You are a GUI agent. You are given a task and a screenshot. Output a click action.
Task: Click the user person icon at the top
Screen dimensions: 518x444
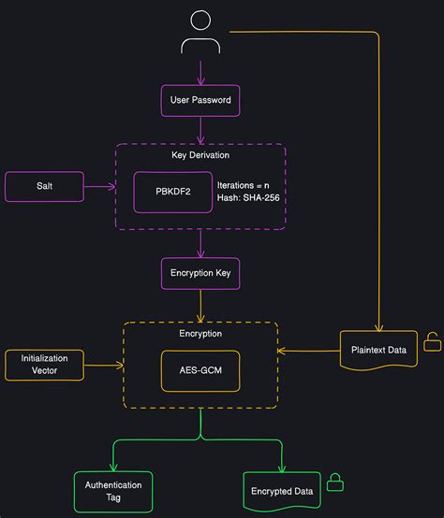point(200,33)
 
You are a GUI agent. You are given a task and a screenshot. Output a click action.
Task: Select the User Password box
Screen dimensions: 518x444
point(200,100)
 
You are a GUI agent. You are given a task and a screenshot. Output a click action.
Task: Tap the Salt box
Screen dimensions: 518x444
point(45,186)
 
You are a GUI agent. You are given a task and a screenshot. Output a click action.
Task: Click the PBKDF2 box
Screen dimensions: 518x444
point(172,192)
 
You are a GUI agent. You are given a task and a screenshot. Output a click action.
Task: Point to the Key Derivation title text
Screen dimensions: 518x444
point(200,155)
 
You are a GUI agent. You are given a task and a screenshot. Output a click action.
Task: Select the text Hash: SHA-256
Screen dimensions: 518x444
point(247,199)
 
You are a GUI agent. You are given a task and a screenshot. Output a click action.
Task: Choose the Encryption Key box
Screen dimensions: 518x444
point(200,274)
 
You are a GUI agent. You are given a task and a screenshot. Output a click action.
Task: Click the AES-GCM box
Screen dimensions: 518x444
point(200,369)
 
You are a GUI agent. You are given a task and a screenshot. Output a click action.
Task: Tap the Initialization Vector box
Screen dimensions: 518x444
point(45,365)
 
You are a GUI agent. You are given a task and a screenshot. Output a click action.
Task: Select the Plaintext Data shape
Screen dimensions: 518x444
point(378,350)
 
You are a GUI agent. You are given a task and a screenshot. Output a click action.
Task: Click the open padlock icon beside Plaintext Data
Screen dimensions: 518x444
point(432,343)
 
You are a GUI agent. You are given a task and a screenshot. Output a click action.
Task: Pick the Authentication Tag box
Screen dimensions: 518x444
point(113,491)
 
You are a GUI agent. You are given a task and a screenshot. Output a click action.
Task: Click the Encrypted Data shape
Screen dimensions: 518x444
point(280,491)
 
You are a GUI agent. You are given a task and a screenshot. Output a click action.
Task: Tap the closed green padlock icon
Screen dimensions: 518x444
point(334,482)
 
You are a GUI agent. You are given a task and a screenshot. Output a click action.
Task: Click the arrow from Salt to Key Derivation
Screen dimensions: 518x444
point(100,186)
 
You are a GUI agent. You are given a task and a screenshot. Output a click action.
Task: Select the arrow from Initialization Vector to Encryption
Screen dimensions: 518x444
point(104,365)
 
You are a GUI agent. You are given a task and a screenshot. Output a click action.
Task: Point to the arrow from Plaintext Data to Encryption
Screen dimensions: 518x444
point(308,351)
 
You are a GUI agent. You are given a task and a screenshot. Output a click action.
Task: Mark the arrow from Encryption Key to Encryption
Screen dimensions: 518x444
point(200,305)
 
